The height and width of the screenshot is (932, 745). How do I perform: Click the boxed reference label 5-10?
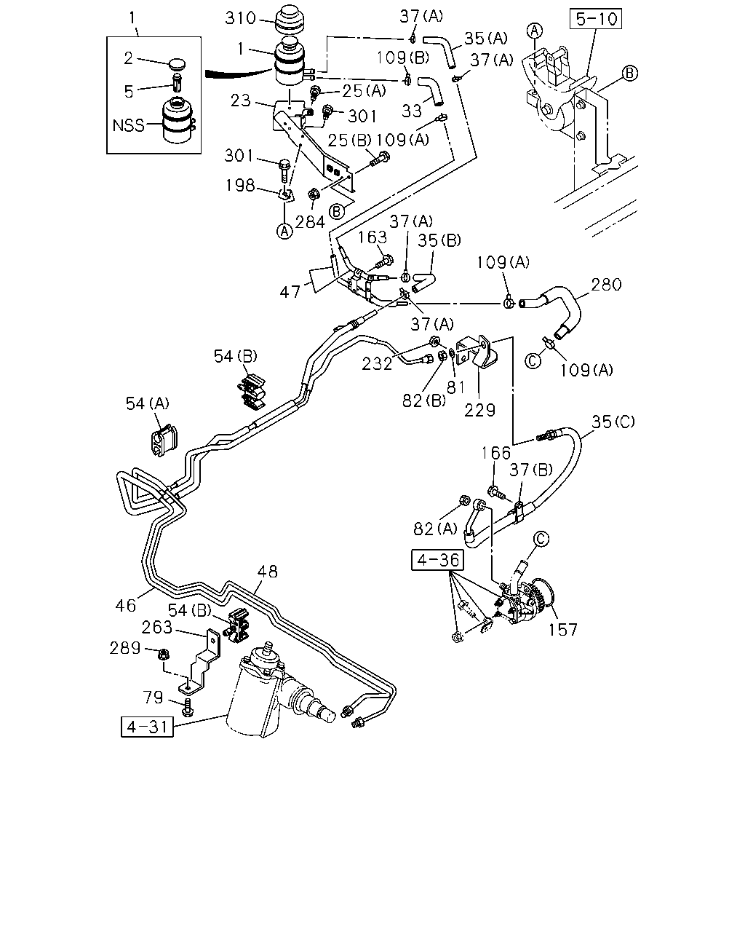[x=595, y=19]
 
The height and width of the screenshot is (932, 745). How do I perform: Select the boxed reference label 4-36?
[x=437, y=560]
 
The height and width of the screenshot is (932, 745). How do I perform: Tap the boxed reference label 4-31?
[x=147, y=727]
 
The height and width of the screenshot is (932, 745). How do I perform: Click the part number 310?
[x=240, y=18]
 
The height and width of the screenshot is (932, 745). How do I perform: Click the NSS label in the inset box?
[x=128, y=125]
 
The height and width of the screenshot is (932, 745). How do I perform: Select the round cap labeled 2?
[x=177, y=63]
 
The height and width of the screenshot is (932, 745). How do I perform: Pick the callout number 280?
[x=606, y=285]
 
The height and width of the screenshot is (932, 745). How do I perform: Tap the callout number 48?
[x=267, y=572]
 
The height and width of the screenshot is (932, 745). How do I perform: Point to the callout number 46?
[x=126, y=606]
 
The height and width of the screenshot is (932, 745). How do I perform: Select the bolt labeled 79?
[x=188, y=707]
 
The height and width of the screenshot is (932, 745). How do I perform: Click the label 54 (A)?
[x=148, y=403]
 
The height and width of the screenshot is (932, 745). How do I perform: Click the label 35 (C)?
[x=613, y=422]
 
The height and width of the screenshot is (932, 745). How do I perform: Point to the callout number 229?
[x=479, y=410]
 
